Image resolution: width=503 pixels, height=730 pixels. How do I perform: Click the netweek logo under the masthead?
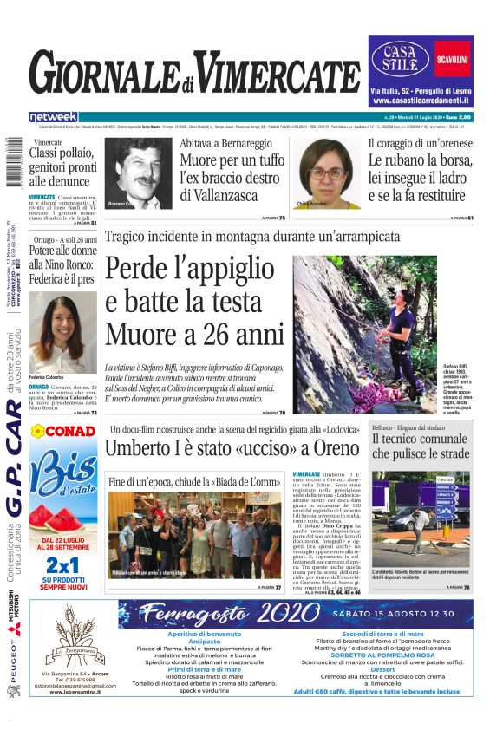click(x=53, y=117)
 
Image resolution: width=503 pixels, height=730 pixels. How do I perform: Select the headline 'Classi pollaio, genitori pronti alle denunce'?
click(x=62, y=167)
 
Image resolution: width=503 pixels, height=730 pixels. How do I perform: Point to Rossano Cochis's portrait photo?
click(x=139, y=173)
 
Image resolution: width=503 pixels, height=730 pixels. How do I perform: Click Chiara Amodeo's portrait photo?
click(x=327, y=173)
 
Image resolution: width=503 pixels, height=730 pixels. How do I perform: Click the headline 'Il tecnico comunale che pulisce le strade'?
click(x=421, y=446)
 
